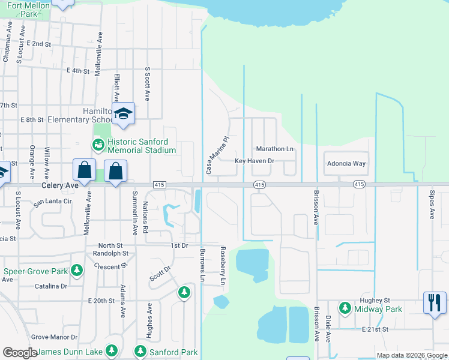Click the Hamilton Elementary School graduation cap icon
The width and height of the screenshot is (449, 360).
[123, 113]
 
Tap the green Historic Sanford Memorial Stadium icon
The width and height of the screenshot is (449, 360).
[97, 145]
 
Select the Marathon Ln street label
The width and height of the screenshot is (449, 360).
[275, 149]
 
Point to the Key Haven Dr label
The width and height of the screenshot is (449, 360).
[254, 161]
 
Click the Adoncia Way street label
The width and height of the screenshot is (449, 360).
[346, 163]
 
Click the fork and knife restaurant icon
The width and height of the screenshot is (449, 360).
[434, 301]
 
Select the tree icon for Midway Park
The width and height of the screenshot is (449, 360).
[345, 308]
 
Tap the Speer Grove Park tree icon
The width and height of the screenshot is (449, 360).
[77, 271]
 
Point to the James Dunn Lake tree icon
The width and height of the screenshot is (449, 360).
[111, 350]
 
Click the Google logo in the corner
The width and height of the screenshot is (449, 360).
[19, 353]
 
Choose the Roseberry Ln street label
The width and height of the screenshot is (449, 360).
[223, 266]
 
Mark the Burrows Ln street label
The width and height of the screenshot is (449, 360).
[203, 266]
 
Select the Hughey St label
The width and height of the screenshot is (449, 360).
[375, 300]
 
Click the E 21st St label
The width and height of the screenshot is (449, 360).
[376, 329]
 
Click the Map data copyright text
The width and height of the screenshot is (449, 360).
[411, 355]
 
